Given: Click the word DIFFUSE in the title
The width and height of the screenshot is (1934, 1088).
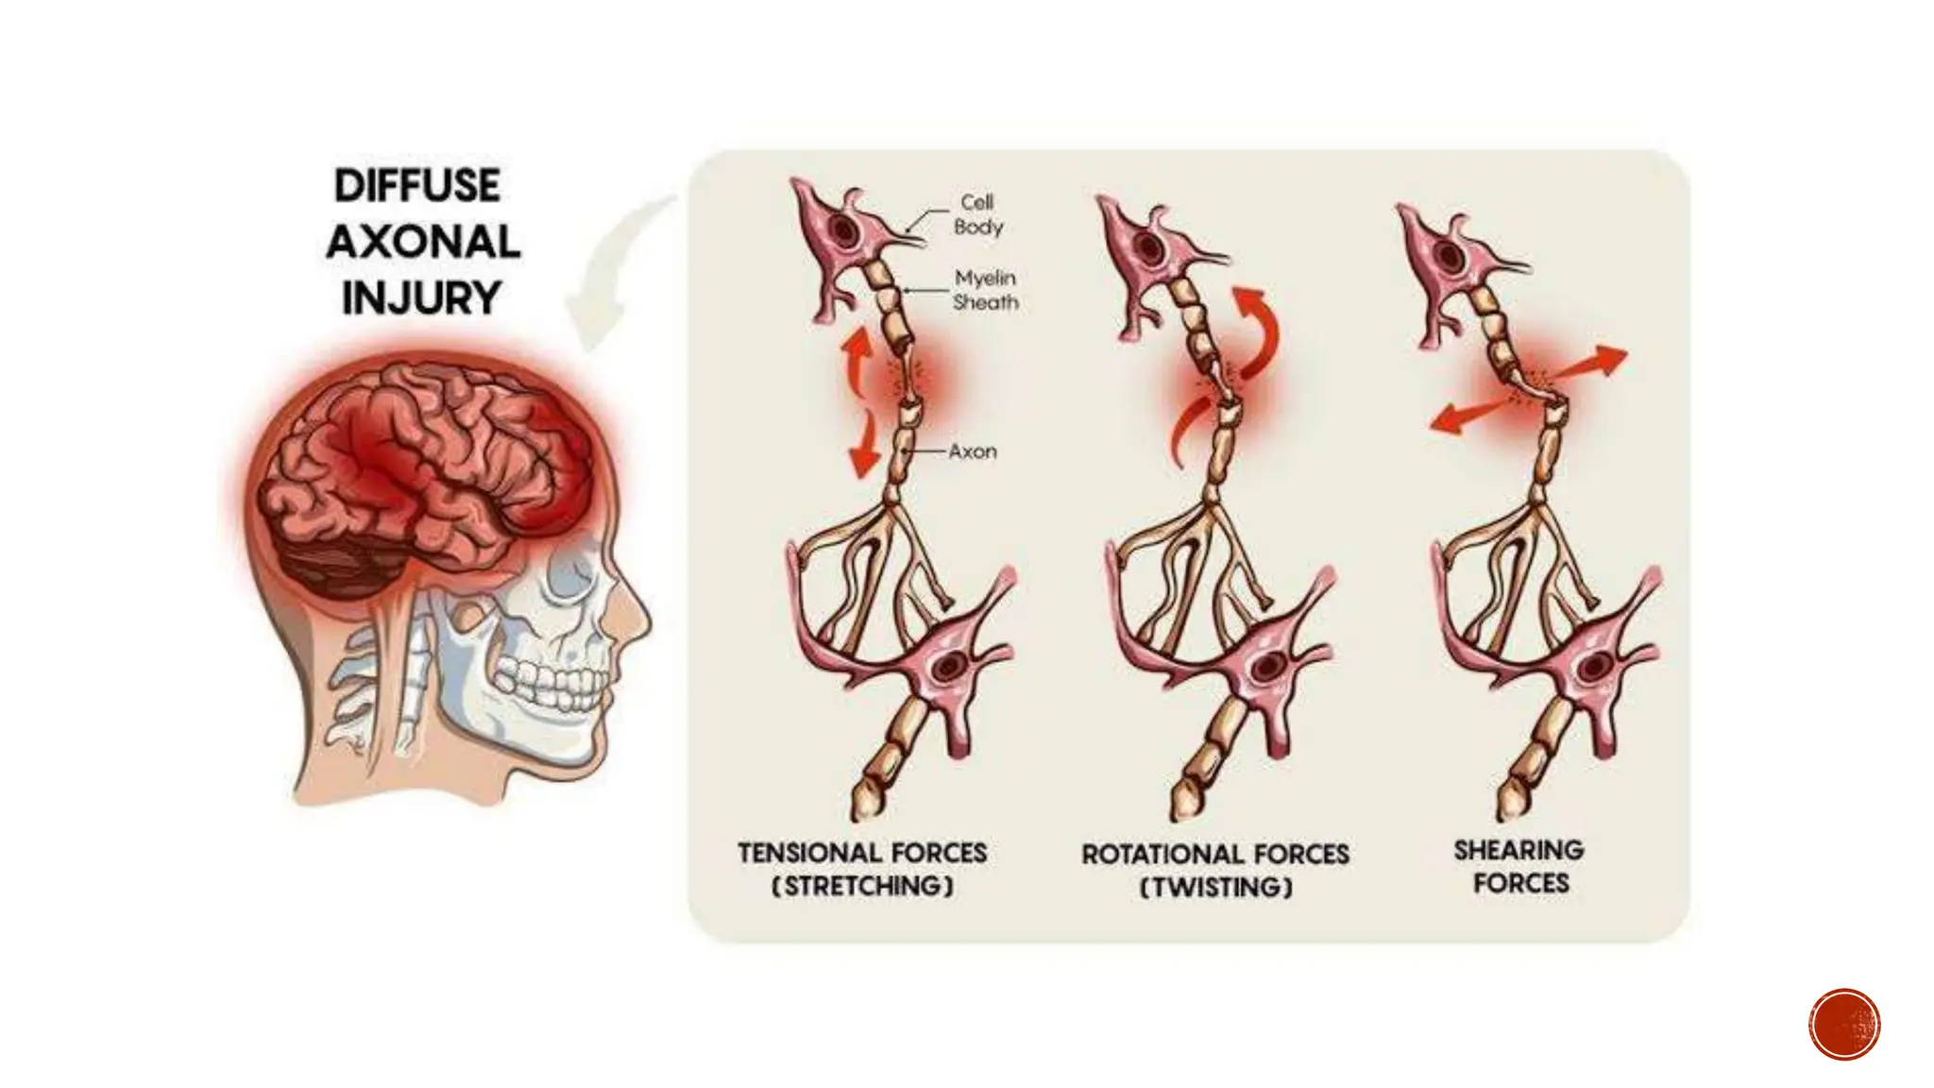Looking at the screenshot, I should click(x=416, y=186).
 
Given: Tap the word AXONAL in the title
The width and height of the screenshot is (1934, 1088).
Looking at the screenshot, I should click(x=423, y=242).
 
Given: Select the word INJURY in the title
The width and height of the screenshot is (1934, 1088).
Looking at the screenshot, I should click(x=420, y=298).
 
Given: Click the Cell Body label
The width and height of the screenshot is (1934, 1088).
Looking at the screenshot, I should click(x=977, y=214).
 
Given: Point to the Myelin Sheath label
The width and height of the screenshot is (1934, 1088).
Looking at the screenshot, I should click(x=985, y=290).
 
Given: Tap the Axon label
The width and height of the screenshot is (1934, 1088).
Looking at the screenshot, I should click(x=972, y=451).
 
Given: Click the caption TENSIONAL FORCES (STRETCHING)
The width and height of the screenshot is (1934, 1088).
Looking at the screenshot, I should click(x=862, y=869).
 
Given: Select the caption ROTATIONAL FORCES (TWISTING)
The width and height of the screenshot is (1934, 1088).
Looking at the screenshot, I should click(x=1215, y=870).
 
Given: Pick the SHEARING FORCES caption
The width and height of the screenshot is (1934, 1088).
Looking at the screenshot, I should click(x=1519, y=866).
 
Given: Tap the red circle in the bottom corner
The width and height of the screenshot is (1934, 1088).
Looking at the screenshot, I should click(x=1844, y=1024).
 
